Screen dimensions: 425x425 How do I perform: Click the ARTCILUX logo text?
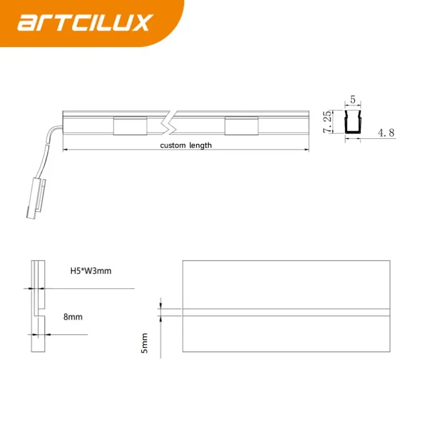click(x=85, y=23)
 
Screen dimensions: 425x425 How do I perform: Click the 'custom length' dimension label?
click(x=186, y=146)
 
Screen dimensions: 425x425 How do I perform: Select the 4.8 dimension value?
click(x=386, y=133)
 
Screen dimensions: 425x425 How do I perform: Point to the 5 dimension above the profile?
click(x=353, y=100)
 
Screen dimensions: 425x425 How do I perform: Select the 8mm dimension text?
click(x=73, y=317)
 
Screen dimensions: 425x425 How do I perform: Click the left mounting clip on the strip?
click(x=130, y=125)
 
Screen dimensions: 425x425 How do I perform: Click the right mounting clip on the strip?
click(x=240, y=125)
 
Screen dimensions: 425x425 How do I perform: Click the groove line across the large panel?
click(x=286, y=312)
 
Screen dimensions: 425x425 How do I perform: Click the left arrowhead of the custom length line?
click(x=65, y=150)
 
